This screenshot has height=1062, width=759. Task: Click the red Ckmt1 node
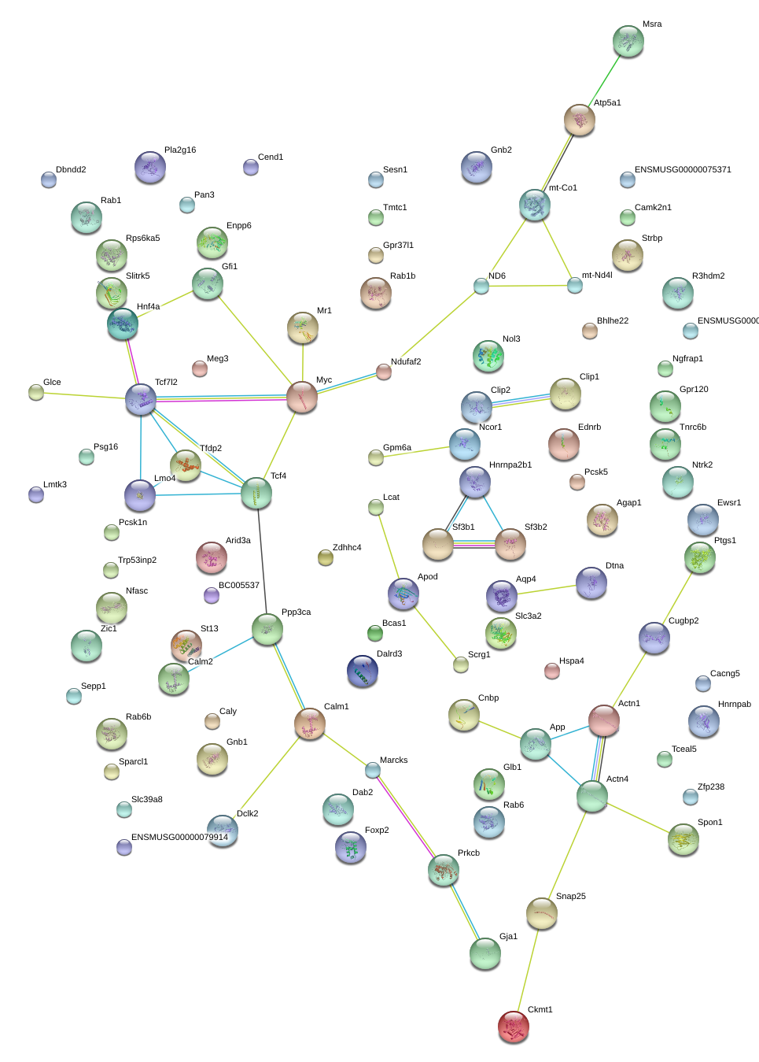click(514, 1027)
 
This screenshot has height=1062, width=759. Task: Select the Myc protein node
click(302, 397)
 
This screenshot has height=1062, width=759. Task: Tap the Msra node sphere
click(628, 41)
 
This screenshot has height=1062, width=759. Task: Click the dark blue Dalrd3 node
click(363, 671)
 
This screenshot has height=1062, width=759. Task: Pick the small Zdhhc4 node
click(326, 557)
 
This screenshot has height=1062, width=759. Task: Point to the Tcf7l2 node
click(141, 400)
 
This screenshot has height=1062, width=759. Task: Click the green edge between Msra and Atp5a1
click(604, 80)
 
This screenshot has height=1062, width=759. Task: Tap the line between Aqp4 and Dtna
click(547, 590)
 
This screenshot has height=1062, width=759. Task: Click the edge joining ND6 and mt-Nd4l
click(529, 286)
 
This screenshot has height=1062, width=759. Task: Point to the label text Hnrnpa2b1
click(510, 464)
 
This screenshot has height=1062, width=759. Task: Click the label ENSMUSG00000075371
click(683, 169)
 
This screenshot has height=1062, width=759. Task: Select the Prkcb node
click(444, 870)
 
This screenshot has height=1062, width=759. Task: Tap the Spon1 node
click(683, 840)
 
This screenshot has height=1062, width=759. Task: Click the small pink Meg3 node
click(200, 368)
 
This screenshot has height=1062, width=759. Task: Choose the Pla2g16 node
click(150, 167)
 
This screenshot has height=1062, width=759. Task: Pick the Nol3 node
click(488, 356)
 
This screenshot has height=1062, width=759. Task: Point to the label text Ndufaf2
click(406, 362)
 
